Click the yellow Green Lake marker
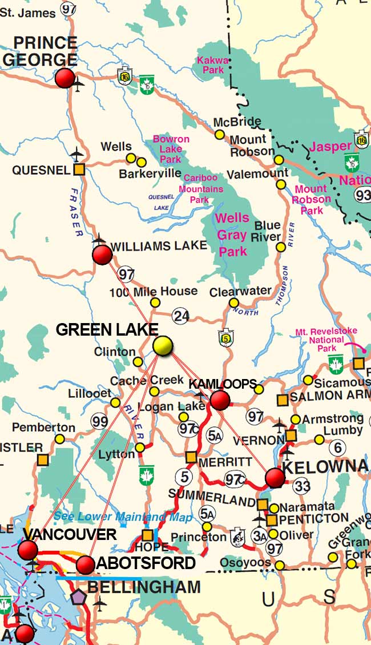click(x=163, y=346)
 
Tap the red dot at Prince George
click(x=65, y=78)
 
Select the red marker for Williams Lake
click(x=102, y=255)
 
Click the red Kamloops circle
click(x=220, y=400)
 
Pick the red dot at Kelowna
click(x=275, y=477)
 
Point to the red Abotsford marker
click(x=85, y=565)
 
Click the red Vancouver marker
click(x=27, y=550)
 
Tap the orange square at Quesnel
click(x=79, y=170)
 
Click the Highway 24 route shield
click(x=182, y=315)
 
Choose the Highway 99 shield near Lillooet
click(x=99, y=422)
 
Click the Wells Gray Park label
click(x=232, y=235)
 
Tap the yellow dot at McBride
click(x=220, y=135)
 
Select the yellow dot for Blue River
click(x=280, y=247)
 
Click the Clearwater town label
click(x=240, y=291)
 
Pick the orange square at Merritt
click(x=191, y=457)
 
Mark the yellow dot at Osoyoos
click(x=280, y=565)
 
